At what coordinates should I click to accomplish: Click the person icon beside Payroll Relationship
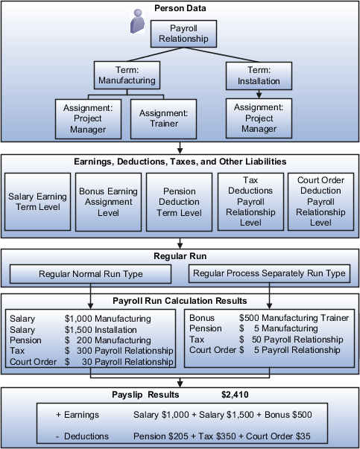coord(136,22)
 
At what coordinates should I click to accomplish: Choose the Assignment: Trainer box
coord(160,118)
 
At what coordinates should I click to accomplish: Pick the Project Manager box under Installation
coord(258,118)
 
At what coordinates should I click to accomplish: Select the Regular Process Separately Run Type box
coord(269,274)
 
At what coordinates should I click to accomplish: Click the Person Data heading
coord(180,7)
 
